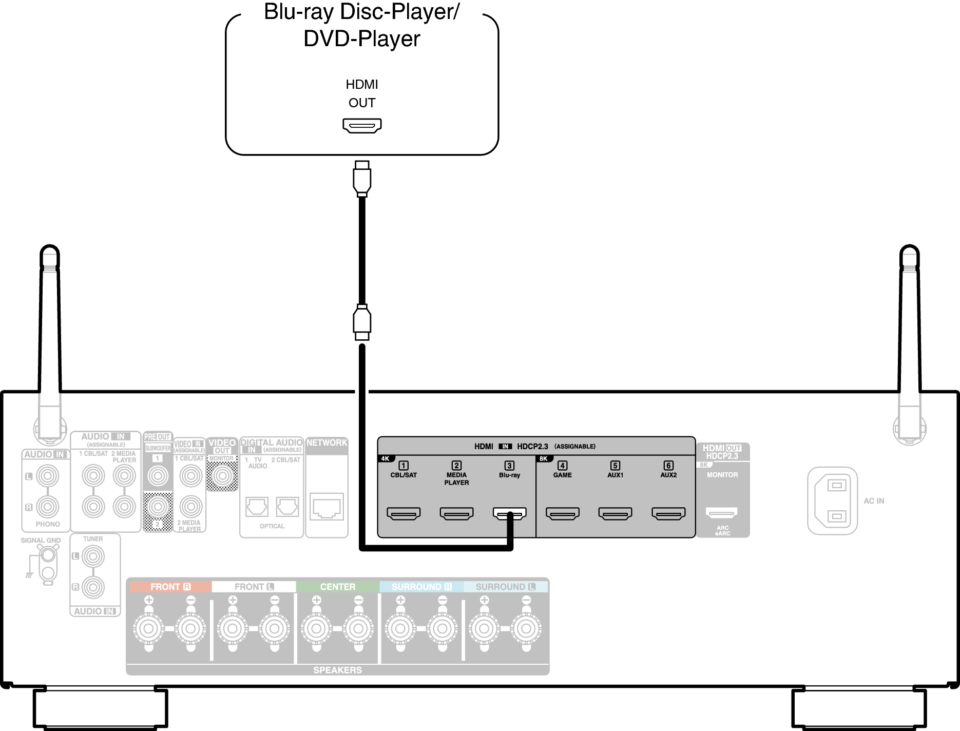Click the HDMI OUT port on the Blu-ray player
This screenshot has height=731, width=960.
point(362,125)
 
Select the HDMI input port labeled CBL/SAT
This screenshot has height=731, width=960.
point(404,513)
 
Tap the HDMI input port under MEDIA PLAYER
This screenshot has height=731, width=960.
point(456,513)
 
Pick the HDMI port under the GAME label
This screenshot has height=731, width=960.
point(562,513)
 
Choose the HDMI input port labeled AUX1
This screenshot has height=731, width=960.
point(615,513)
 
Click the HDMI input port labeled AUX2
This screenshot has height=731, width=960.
point(668,513)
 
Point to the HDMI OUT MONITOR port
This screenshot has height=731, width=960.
point(721,512)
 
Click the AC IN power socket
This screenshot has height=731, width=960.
point(832,501)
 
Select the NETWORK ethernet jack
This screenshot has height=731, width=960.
point(327,507)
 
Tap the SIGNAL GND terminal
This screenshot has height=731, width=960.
point(48,555)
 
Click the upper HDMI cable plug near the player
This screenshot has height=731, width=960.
point(362,179)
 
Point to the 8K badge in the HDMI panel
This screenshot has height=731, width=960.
point(544,458)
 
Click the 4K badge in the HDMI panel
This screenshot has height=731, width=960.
point(386,458)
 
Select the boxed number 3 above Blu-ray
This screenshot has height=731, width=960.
point(509,466)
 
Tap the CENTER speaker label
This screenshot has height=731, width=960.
point(337,587)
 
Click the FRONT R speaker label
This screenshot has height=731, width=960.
point(170,587)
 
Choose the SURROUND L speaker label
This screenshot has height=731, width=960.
point(505,587)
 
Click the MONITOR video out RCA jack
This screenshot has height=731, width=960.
point(222,476)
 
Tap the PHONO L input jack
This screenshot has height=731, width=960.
point(47,476)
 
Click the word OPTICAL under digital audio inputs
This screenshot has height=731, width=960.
point(272,526)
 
